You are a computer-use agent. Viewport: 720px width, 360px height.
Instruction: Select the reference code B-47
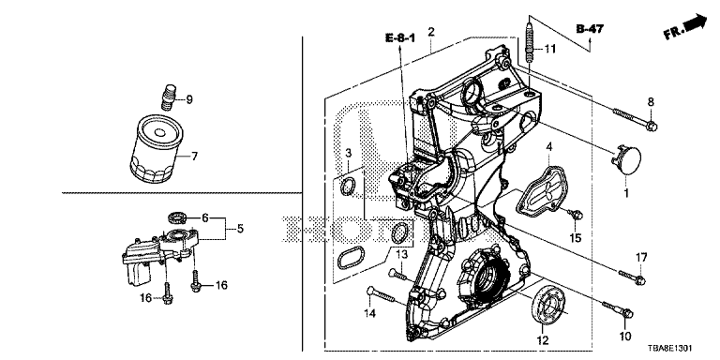pos(590,29)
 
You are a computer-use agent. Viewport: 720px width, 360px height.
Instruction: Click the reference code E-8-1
pos(400,38)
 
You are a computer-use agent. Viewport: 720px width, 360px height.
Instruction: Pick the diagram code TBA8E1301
pos(671,349)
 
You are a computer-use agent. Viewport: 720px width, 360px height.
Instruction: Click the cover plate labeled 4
pos(540,191)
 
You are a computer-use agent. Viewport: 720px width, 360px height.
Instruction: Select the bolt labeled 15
pos(576,215)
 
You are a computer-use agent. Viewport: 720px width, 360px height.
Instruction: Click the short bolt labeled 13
pos(397,275)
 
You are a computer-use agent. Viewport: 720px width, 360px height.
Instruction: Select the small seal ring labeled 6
pos(176,215)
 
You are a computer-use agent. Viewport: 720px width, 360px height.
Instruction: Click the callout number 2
pos(430,32)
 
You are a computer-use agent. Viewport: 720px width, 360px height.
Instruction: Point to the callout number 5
pos(240,228)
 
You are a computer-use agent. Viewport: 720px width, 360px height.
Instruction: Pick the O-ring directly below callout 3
pos(348,186)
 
